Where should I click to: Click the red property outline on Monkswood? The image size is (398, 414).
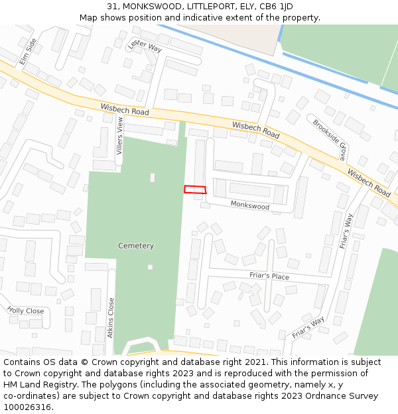pos(195,189)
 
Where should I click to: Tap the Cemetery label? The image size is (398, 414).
pos(136,246)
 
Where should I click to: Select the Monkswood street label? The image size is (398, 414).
pos(250,206)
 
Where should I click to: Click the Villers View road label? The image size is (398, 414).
pos(120,136)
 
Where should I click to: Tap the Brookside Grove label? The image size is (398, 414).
pos(330,140)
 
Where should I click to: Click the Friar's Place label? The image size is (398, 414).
pos(269,276)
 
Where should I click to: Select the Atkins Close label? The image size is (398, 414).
pos(111,317)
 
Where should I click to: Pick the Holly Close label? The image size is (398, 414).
pos(26,310)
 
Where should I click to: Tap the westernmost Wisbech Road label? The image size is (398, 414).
pos(125,110)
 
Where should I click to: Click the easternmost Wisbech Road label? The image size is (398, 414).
pos(369,181)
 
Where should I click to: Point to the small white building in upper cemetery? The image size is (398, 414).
pos(153,178)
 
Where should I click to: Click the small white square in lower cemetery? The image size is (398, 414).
pos(150,267)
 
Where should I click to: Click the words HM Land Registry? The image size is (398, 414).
pos(35,385)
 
